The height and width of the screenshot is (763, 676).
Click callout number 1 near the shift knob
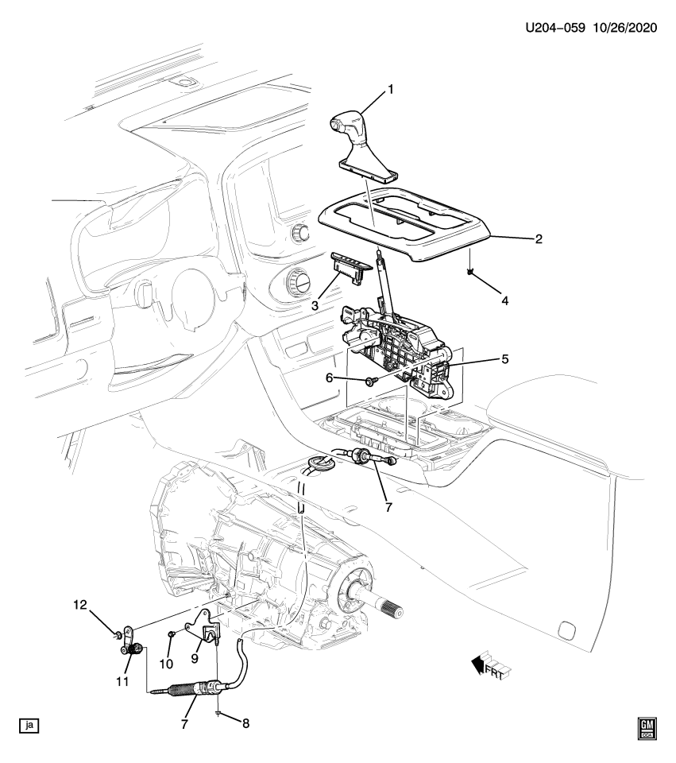[390, 90]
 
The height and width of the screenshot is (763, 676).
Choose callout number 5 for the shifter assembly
[504, 358]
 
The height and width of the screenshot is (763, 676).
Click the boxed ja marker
[29, 725]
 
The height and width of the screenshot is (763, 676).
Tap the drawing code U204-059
[555, 28]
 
